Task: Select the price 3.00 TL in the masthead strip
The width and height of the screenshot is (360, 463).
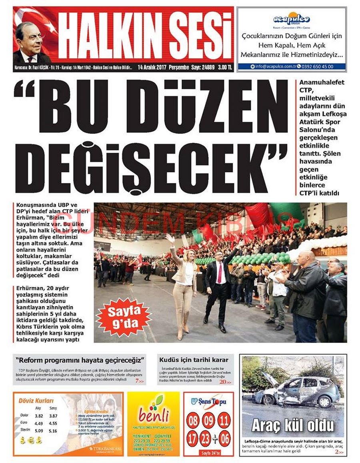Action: coord(225,67)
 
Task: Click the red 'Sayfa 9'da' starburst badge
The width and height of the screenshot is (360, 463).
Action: coord(123,317)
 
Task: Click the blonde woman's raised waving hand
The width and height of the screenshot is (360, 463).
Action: coord(170,239)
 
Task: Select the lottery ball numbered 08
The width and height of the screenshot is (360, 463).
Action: coord(194,421)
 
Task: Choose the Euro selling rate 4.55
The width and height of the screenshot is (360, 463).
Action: coord(53,423)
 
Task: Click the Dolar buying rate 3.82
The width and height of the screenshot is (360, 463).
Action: coord(39,416)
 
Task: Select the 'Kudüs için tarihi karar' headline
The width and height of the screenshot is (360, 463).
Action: coord(194,360)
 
